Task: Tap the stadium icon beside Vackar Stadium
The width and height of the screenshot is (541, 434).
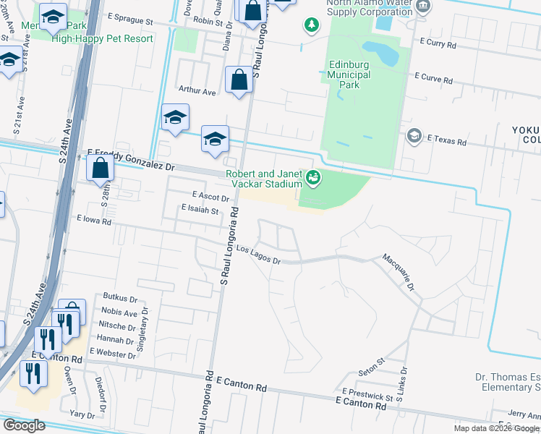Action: (x=313, y=176)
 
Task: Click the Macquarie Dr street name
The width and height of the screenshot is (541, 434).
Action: (x=398, y=272)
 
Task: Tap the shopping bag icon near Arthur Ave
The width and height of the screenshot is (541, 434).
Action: (x=239, y=80)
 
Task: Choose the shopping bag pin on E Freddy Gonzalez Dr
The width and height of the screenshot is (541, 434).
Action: (x=101, y=169)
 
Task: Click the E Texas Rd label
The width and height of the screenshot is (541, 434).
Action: (x=446, y=139)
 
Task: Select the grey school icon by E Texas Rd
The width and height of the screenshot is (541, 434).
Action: (x=413, y=135)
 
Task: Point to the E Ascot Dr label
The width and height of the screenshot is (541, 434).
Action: (x=210, y=197)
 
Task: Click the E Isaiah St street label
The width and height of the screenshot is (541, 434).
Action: (x=200, y=211)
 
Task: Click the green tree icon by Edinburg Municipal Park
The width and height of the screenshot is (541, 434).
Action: (x=312, y=25)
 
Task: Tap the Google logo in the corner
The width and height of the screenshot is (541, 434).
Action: (x=23, y=425)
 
